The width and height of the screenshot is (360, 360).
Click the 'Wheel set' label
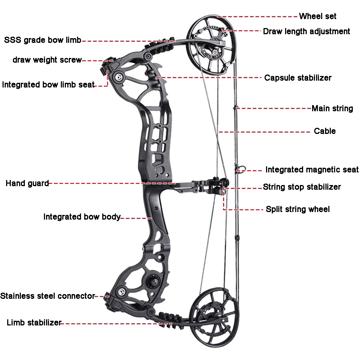pyautogui.click(x=318, y=16)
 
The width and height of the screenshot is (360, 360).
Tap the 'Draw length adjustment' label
pyautogui.click(x=306, y=31)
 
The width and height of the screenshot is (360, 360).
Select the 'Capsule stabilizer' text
pyautogui.click(x=298, y=78)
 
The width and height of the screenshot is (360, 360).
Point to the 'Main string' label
pyautogui.click(x=332, y=108)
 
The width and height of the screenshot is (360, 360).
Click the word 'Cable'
pyautogui.click(x=325, y=131)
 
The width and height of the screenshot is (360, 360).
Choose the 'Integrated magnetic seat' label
pyautogui.click(x=312, y=170)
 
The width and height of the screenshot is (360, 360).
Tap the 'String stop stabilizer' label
pyautogui.click(x=302, y=187)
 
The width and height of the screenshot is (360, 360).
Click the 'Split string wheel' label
pyautogui.click(x=298, y=209)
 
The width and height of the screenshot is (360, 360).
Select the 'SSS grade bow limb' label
pyautogui.click(x=43, y=40)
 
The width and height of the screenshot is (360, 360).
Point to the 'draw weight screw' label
pyautogui.click(x=47, y=60)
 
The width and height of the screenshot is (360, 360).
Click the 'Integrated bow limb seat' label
pyautogui.click(x=48, y=85)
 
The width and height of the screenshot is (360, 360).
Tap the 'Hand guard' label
pyautogui.click(x=27, y=183)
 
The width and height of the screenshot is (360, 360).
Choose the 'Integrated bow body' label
pyautogui.click(x=82, y=217)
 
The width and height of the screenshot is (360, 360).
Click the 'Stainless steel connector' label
pyautogui.click(x=47, y=296)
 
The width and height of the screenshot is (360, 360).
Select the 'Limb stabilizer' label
pyautogui.click(x=34, y=323)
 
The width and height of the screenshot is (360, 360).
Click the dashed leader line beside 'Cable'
pyautogui.click(x=264, y=132)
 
